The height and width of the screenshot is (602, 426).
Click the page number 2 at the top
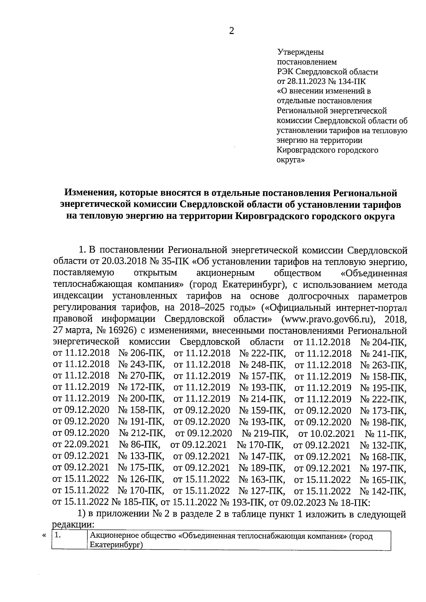coord(231,31)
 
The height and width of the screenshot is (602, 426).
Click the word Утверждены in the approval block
coord(300,53)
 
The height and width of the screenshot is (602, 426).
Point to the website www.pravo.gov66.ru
coord(328,319)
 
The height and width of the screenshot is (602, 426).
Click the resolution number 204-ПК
coord(388,342)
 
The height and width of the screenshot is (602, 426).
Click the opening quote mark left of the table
coord(44,536)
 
